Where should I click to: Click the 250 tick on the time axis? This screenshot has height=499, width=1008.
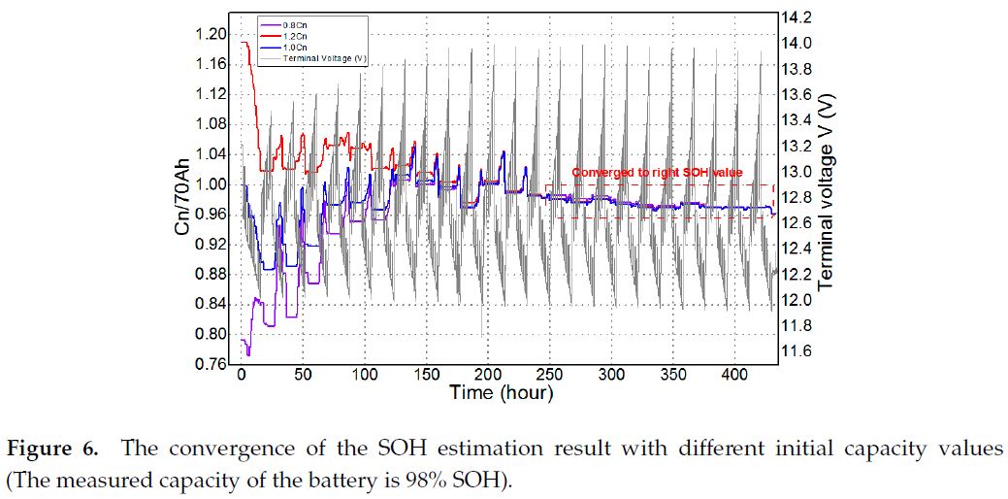pos(550,376)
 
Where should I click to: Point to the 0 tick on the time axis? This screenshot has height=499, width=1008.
pos(242,376)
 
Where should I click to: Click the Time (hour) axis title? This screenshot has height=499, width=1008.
pos(501,393)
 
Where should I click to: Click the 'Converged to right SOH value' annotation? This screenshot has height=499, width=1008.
pos(657,173)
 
